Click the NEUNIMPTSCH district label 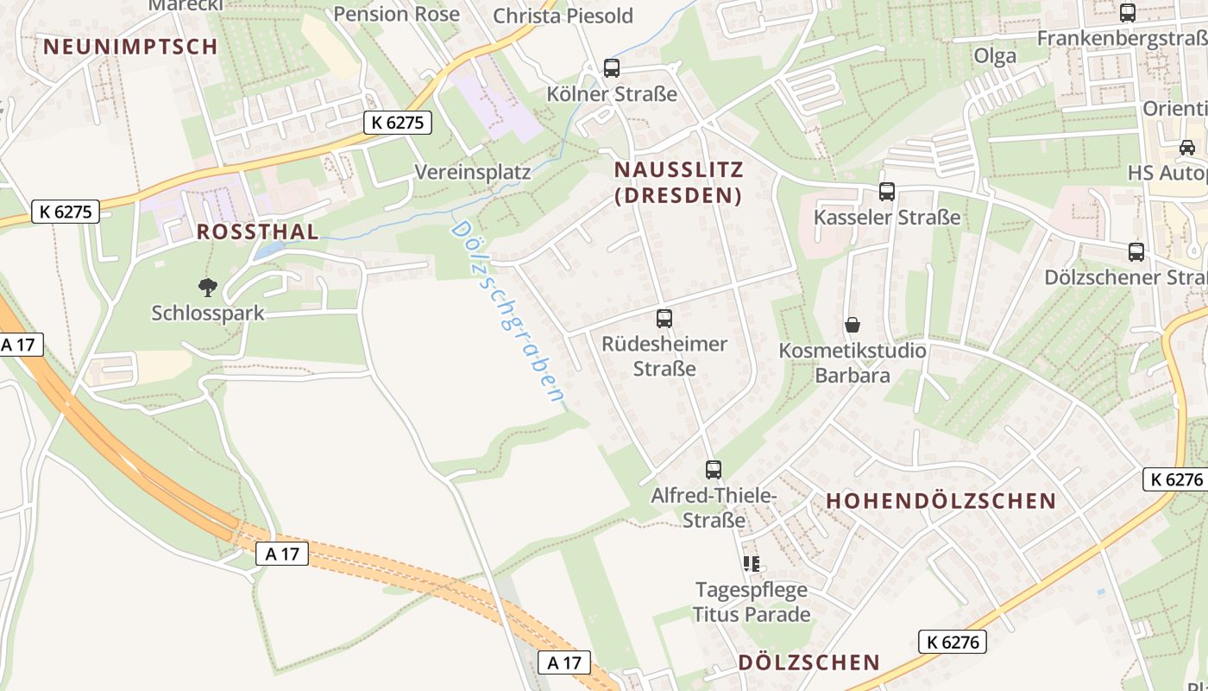[x=130, y=47]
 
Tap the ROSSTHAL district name [x=257, y=231]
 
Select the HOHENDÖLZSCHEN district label [x=941, y=501]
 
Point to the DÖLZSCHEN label [x=809, y=662]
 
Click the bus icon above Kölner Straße [x=612, y=67]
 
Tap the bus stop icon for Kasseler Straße [x=886, y=192]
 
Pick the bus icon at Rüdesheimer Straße [x=664, y=319]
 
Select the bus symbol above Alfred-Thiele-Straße [x=713, y=470]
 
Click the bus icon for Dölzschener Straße [x=1136, y=252]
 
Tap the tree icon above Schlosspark [x=207, y=287]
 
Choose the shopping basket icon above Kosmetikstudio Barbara [x=853, y=326]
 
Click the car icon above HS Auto [x=1187, y=147]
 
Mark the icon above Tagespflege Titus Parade [x=751, y=564]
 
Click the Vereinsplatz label [x=472, y=172]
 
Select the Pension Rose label [x=396, y=14]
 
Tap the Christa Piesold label [x=563, y=16]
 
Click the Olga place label [x=995, y=56]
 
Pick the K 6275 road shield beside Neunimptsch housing [x=397, y=123]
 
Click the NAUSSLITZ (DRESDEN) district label [x=677, y=181]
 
